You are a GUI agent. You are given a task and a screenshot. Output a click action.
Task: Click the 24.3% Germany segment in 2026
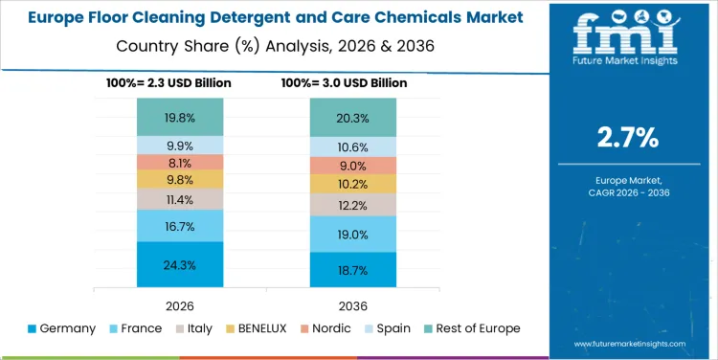click(180, 264)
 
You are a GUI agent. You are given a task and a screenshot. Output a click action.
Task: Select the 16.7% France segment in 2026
click(180, 226)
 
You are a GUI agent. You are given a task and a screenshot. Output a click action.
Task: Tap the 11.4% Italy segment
click(180, 199)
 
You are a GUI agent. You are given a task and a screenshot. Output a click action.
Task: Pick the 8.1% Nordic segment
click(180, 162)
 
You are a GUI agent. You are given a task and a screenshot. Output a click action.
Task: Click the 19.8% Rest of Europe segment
click(180, 118)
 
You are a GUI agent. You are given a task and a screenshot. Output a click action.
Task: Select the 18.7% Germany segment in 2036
click(352, 271)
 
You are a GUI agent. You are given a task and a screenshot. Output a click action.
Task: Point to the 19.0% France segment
click(352, 235)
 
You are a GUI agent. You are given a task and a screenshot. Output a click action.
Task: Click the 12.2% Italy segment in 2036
click(352, 205)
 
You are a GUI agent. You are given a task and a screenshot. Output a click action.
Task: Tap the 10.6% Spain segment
click(352, 146)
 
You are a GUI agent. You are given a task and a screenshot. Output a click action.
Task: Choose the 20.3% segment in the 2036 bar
click(352, 118)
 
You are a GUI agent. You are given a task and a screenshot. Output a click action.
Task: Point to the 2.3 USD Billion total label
click(168, 83)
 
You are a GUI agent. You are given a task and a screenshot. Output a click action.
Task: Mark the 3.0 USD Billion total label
click(344, 83)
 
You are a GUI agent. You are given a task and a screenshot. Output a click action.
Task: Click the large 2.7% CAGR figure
click(627, 138)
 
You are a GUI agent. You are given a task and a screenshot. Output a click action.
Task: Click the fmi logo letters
click(626, 35)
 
